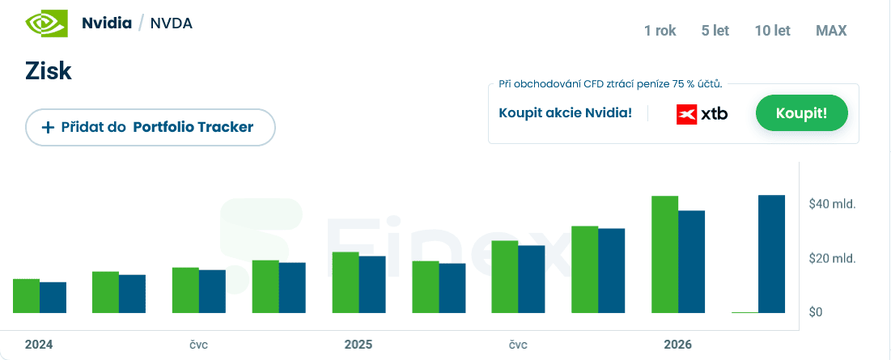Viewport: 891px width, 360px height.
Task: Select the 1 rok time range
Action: click(x=660, y=31)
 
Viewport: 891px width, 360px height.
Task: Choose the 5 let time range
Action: click(x=715, y=31)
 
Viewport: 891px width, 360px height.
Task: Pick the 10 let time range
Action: click(x=772, y=31)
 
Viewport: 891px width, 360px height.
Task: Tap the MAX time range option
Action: click(x=831, y=31)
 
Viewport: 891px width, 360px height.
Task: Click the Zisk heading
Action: click(x=49, y=71)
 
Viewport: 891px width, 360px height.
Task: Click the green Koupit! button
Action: click(x=801, y=113)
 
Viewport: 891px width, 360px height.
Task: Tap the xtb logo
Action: click(x=702, y=114)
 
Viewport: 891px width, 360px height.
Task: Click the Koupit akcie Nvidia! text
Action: click(x=566, y=113)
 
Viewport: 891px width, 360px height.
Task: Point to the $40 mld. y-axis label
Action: click(x=832, y=204)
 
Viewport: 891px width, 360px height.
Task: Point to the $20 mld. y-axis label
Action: click(x=832, y=259)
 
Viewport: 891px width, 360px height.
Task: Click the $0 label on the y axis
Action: click(x=816, y=312)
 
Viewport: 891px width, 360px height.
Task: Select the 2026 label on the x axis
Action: click(x=677, y=345)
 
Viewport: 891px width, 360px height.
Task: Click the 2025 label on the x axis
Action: click(x=358, y=345)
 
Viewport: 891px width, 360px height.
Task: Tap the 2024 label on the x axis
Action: click(x=39, y=345)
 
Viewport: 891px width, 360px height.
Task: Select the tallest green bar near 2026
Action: click(x=664, y=254)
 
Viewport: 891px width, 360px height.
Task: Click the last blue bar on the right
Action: click(x=771, y=254)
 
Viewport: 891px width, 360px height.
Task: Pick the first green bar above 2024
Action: click(x=26, y=296)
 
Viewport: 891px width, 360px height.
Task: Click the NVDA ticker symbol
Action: click(x=171, y=23)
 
